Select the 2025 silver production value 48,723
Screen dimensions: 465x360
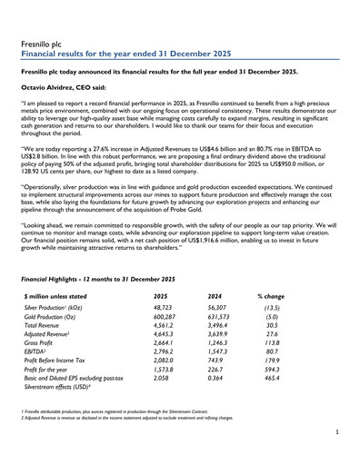165,310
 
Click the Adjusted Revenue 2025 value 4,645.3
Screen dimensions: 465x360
166,335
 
